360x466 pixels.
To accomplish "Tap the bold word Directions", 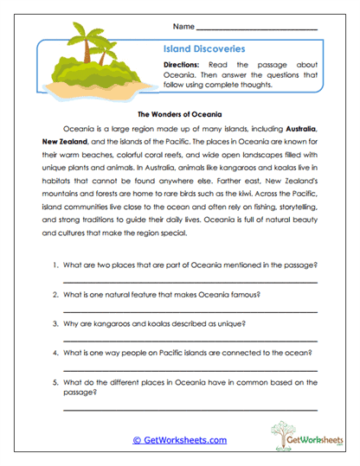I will coord(183,65).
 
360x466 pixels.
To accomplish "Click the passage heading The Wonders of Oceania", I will coord(180,113).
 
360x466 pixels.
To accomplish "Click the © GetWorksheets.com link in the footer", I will coord(179,440).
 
